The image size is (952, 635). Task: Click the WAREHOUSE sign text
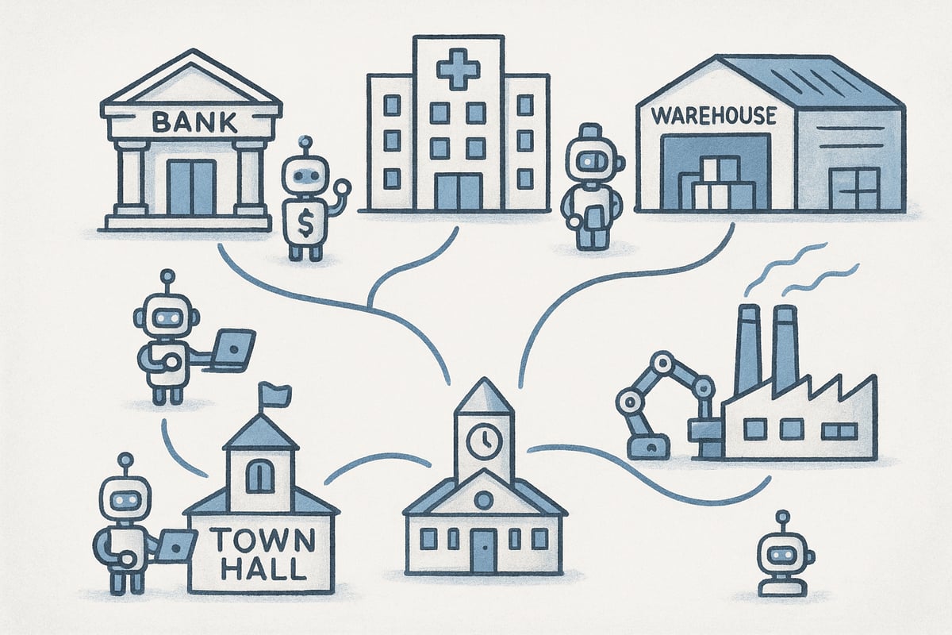pos(713,116)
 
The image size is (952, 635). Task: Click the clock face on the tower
pos(484,441)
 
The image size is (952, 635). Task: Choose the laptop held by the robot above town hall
pos(234,349)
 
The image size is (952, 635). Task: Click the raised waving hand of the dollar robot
pos(343,187)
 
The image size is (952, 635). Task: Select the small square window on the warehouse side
pos(854,188)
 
